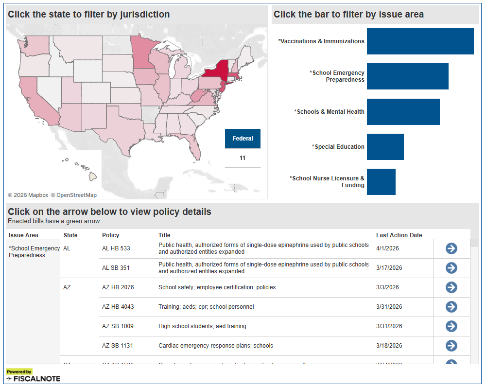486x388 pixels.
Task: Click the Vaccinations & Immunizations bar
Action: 420,41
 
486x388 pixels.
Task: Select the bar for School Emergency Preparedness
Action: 407,76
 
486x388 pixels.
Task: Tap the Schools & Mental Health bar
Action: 403,112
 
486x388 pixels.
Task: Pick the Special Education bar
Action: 385,147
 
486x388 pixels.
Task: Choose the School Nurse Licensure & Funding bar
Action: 381,182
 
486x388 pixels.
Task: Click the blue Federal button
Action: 243,139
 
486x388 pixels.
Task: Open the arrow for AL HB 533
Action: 451,248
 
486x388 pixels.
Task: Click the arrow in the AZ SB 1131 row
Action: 451,346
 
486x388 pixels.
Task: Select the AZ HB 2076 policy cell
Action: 118,287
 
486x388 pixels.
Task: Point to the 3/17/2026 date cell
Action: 389,268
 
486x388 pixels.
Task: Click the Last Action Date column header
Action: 399,235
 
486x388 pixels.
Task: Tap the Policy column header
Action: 111,235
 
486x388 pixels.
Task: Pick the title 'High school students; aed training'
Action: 202,326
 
